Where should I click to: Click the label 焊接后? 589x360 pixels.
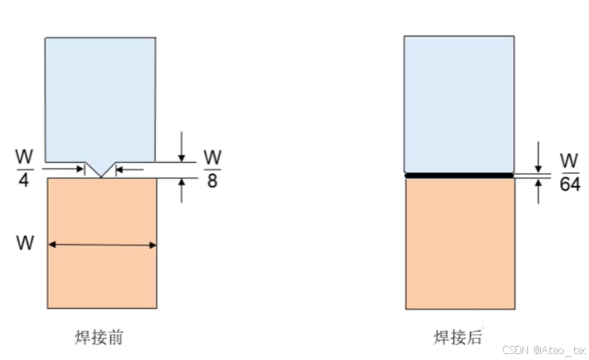click(x=458, y=338)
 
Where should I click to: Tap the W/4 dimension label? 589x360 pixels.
click(x=23, y=168)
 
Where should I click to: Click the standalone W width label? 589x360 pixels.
click(x=25, y=243)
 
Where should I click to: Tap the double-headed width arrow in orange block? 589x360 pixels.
click(x=101, y=244)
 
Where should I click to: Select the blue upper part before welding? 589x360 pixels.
click(x=100, y=97)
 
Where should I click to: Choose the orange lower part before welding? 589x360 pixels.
click(x=101, y=275)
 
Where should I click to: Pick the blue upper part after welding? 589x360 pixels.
click(x=459, y=104)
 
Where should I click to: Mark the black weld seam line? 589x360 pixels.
click(x=459, y=176)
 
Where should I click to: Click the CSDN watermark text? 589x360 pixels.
click(x=544, y=350)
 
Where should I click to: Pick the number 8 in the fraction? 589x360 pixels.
click(x=212, y=180)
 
